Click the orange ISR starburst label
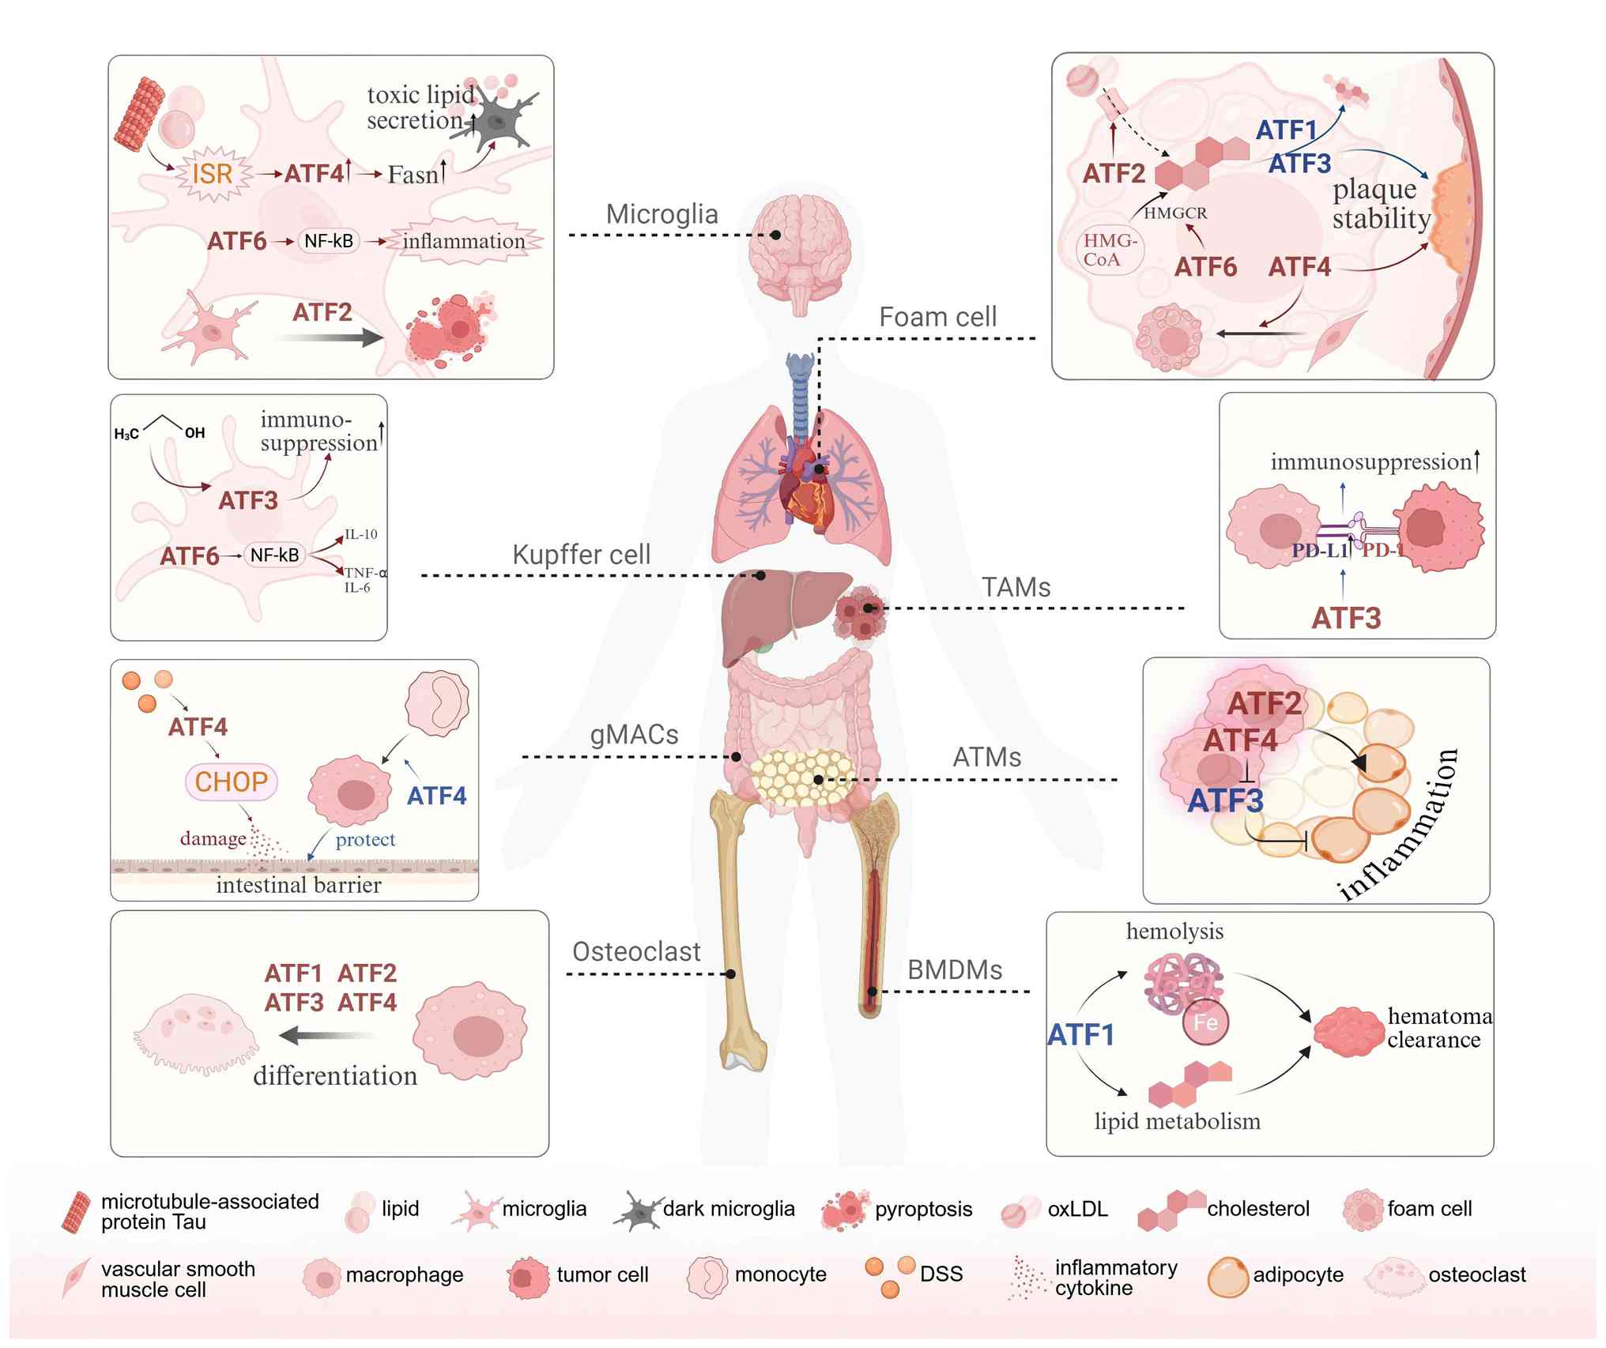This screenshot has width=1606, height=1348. (212, 173)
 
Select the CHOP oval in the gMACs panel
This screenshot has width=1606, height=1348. (232, 781)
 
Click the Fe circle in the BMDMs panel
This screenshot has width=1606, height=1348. (1205, 1022)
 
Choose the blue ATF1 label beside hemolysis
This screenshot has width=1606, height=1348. (1080, 1034)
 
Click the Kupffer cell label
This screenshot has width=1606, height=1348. (581, 555)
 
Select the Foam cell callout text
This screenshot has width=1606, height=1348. (937, 317)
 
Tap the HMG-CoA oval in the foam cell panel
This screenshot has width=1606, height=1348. (1110, 250)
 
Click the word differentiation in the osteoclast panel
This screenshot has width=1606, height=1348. (335, 1075)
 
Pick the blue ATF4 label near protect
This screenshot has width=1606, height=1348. (436, 796)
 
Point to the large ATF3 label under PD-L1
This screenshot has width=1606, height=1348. (1346, 618)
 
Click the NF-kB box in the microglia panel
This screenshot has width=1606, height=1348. (329, 241)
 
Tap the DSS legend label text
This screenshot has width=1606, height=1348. (941, 1274)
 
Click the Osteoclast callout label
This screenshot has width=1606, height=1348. (636, 952)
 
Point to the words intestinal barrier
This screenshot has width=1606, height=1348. (298, 885)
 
